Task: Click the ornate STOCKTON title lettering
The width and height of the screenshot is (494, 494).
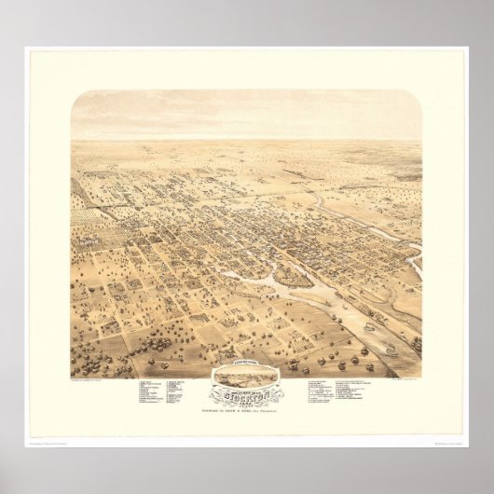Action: pos(246,392)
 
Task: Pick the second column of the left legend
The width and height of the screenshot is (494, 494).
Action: pos(181,391)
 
